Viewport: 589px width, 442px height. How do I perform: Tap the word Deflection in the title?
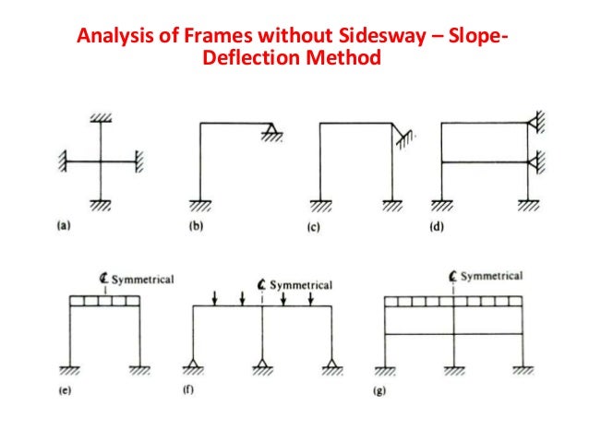point(245,60)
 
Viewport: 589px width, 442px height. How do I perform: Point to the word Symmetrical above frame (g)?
point(491,276)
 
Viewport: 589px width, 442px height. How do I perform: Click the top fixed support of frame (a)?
point(99,118)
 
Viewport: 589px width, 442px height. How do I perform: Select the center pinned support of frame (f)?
point(263,366)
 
